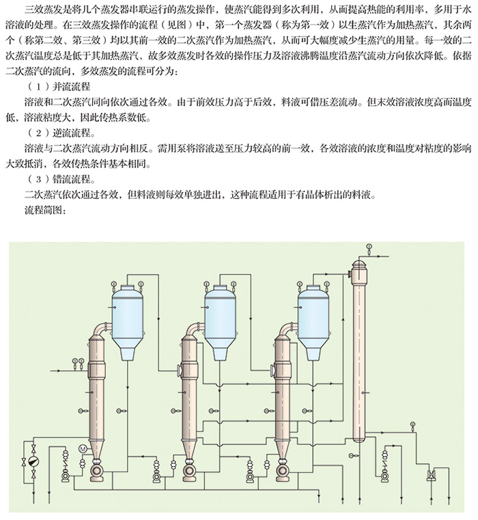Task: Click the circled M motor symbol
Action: tap(83, 448)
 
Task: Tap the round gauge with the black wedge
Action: tap(33, 461)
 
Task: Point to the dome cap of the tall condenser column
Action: tap(359, 264)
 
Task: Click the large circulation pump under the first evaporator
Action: tap(97, 471)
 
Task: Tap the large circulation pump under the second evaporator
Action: tap(190, 471)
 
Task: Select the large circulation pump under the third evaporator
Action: tap(283, 471)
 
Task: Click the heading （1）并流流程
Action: tap(59, 87)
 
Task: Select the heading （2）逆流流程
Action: tap(61, 133)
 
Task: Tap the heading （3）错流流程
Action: tap(61, 180)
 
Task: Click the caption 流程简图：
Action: tap(46, 210)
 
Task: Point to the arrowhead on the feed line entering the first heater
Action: tap(59, 370)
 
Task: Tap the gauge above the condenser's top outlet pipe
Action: tap(369, 247)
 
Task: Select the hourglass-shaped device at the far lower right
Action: tap(432, 475)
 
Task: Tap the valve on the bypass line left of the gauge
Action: tap(24, 461)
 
